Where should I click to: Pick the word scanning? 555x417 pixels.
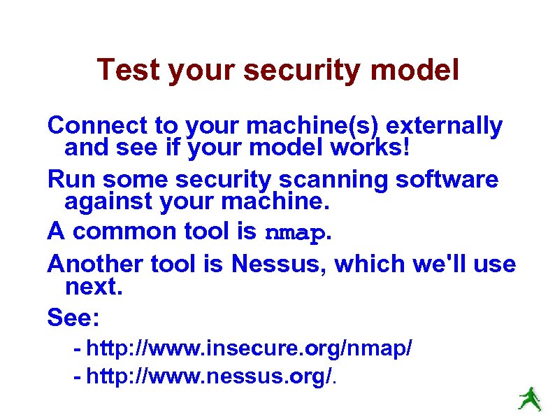(333, 180)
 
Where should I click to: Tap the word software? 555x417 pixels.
(447, 180)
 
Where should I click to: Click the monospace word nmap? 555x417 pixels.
(296, 232)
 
